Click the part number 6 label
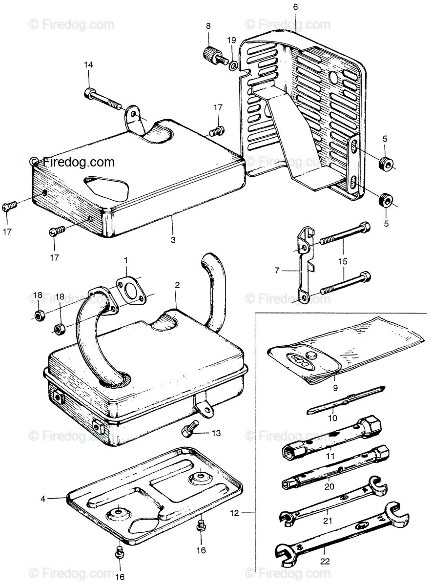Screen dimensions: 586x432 coord(295,7)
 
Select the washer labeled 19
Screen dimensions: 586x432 coord(233,64)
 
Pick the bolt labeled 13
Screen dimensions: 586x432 coord(189,430)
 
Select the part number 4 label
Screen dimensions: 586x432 coord(43,499)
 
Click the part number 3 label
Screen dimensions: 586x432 coord(173,240)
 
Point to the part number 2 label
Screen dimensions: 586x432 coord(177,284)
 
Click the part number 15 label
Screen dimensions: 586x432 coord(343,261)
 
